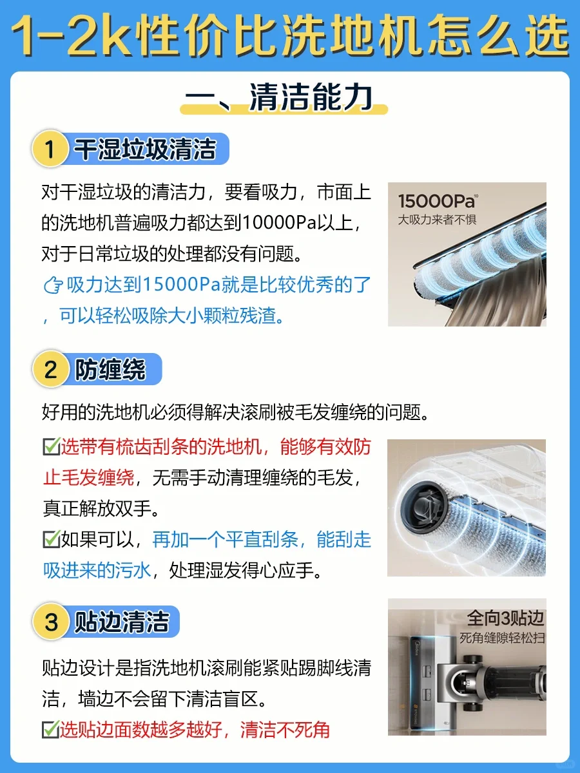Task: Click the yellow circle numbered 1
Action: click(50, 149)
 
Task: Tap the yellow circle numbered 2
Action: click(51, 369)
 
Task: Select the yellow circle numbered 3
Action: click(51, 622)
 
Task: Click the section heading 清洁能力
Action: click(311, 97)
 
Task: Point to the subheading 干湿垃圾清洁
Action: click(145, 149)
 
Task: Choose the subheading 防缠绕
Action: click(110, 370)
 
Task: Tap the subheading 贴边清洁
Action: click(122, 622)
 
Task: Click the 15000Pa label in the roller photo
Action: click(438, 201)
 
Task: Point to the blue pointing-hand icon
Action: click(53, 285)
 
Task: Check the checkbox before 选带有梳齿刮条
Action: click(52, 446)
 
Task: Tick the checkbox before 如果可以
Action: click(52, 539)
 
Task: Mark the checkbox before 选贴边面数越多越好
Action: click(50, 729)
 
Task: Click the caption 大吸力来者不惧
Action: click(437, 220)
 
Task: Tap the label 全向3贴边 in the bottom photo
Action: click(506, 618)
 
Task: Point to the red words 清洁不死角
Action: click(285, 729)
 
